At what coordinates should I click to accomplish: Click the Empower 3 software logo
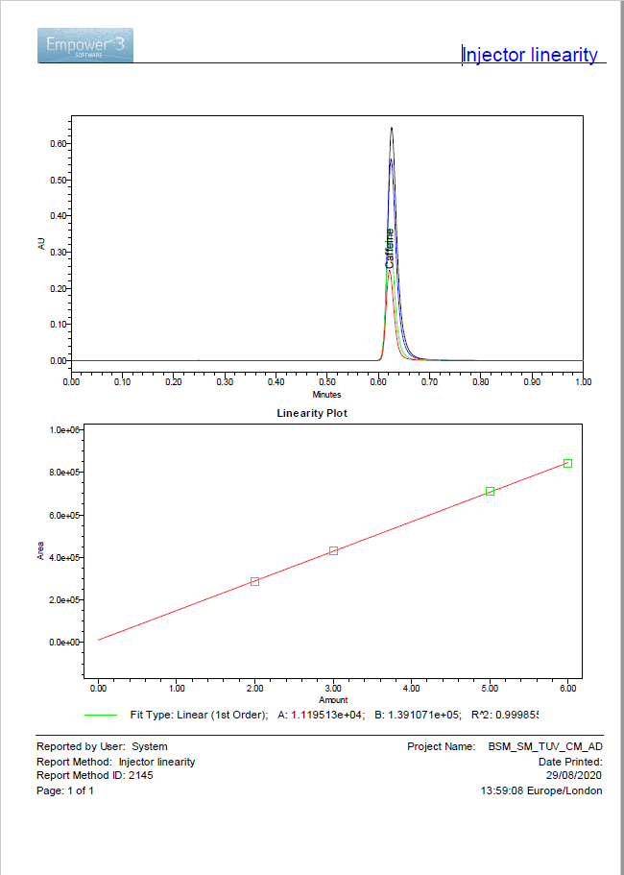pos(85,45)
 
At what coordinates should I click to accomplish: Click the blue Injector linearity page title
pos(530,55)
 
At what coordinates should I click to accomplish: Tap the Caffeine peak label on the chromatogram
pos(390,248)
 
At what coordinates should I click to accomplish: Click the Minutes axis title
pos(326,395)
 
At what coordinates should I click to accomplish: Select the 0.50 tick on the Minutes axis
pos(327,381)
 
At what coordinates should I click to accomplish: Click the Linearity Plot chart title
pos(312,413)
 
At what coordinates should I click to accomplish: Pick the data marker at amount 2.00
pos(254,581)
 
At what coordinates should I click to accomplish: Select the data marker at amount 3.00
pos(333,550)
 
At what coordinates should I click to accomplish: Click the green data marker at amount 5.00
pos(490,491)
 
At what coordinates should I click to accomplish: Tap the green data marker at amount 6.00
pos(567,463)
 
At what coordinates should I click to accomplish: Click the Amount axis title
pos(333,700)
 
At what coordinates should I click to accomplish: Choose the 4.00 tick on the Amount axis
pos(411,689)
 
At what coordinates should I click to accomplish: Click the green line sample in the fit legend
pos(101,715)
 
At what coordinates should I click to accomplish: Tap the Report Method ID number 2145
pos(139,776)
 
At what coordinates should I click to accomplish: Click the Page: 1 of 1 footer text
pos(65,790)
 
